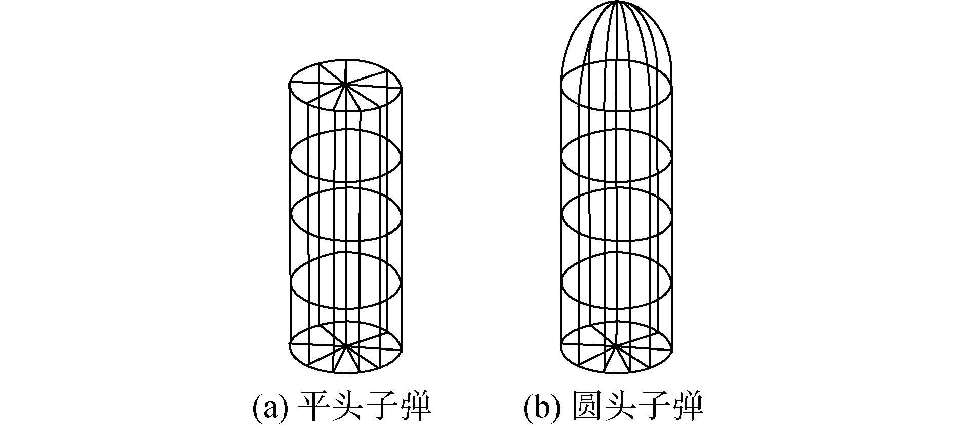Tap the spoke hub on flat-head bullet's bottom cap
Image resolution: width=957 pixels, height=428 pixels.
[x=346, y=346]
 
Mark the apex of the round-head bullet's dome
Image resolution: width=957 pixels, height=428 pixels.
[x=617, y=3]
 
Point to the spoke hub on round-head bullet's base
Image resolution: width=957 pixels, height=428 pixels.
[x=616, y=346]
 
